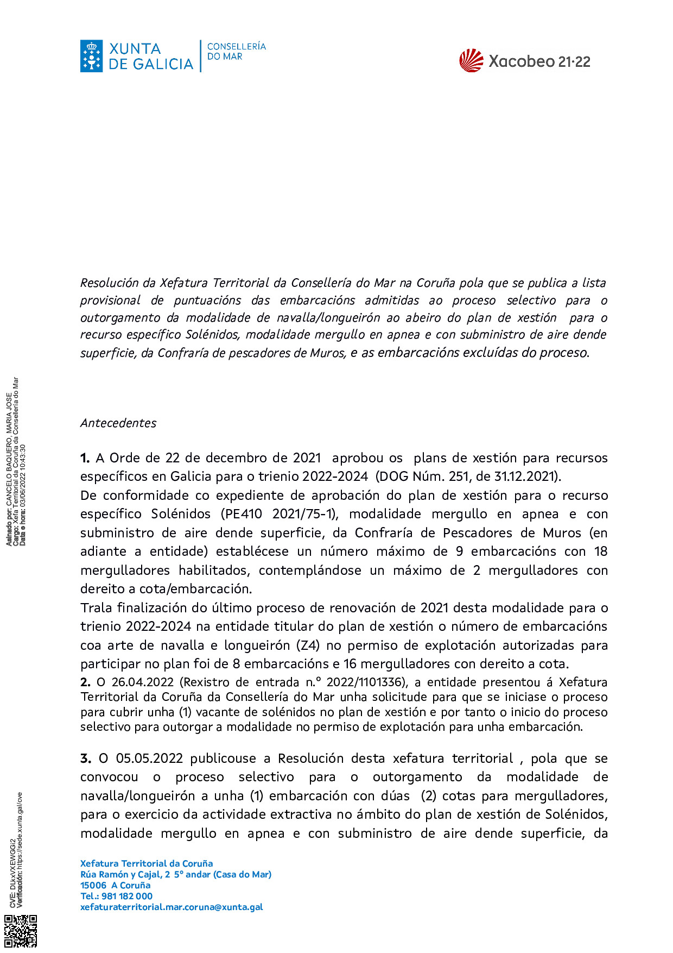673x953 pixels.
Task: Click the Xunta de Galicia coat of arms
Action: pyautogui.click(x=92, y=56)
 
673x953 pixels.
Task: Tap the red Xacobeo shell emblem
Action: pyautogui.click(x=471, y=60)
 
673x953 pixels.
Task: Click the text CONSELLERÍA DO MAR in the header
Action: pyautogui.click(x=236, y=51)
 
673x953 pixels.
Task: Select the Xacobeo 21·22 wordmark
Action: pyautogui.click(x=539, y=61)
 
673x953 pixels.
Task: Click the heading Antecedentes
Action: pyautogui.click(x=118, y=423)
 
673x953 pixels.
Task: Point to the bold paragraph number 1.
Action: pyautogui.click(x=85, y=458)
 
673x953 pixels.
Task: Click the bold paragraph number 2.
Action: pyautogui.click(x=85, y=682)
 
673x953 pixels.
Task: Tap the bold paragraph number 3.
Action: pyautogui.click(x=85, y=758)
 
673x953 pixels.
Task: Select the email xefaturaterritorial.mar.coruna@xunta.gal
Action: pyautogui.click(x=172, y=907)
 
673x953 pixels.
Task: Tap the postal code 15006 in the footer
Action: pyautogui.click(x=93, y=885)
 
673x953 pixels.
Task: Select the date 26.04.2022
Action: pyautogui.click(x=143, y=682)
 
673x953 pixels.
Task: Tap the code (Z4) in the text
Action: pyautogui.click(x=308, y=645)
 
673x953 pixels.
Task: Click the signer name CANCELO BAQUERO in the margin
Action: pyautogui.click(x=9, y=478)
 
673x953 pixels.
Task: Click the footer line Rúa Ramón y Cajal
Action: pyautogui.click(x=176, y=874)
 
